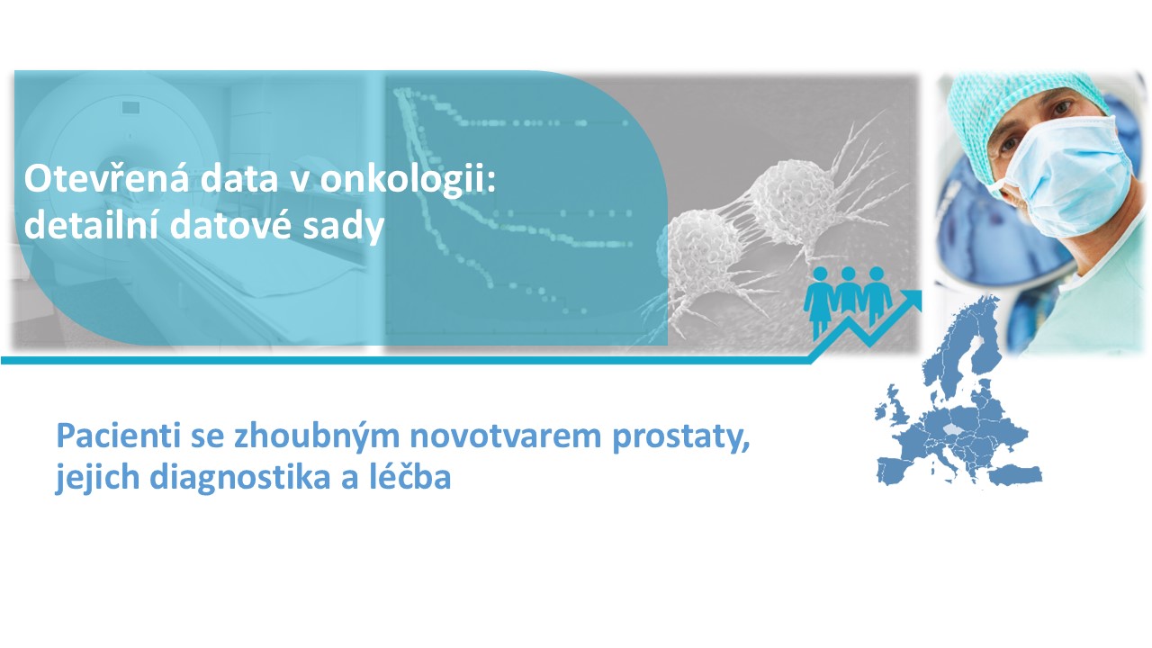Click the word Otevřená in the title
pos(106,178)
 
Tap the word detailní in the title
pos(91,224)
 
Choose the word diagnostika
pos(239,478)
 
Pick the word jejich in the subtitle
pos(98,478)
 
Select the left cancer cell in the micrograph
pos(702,253)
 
